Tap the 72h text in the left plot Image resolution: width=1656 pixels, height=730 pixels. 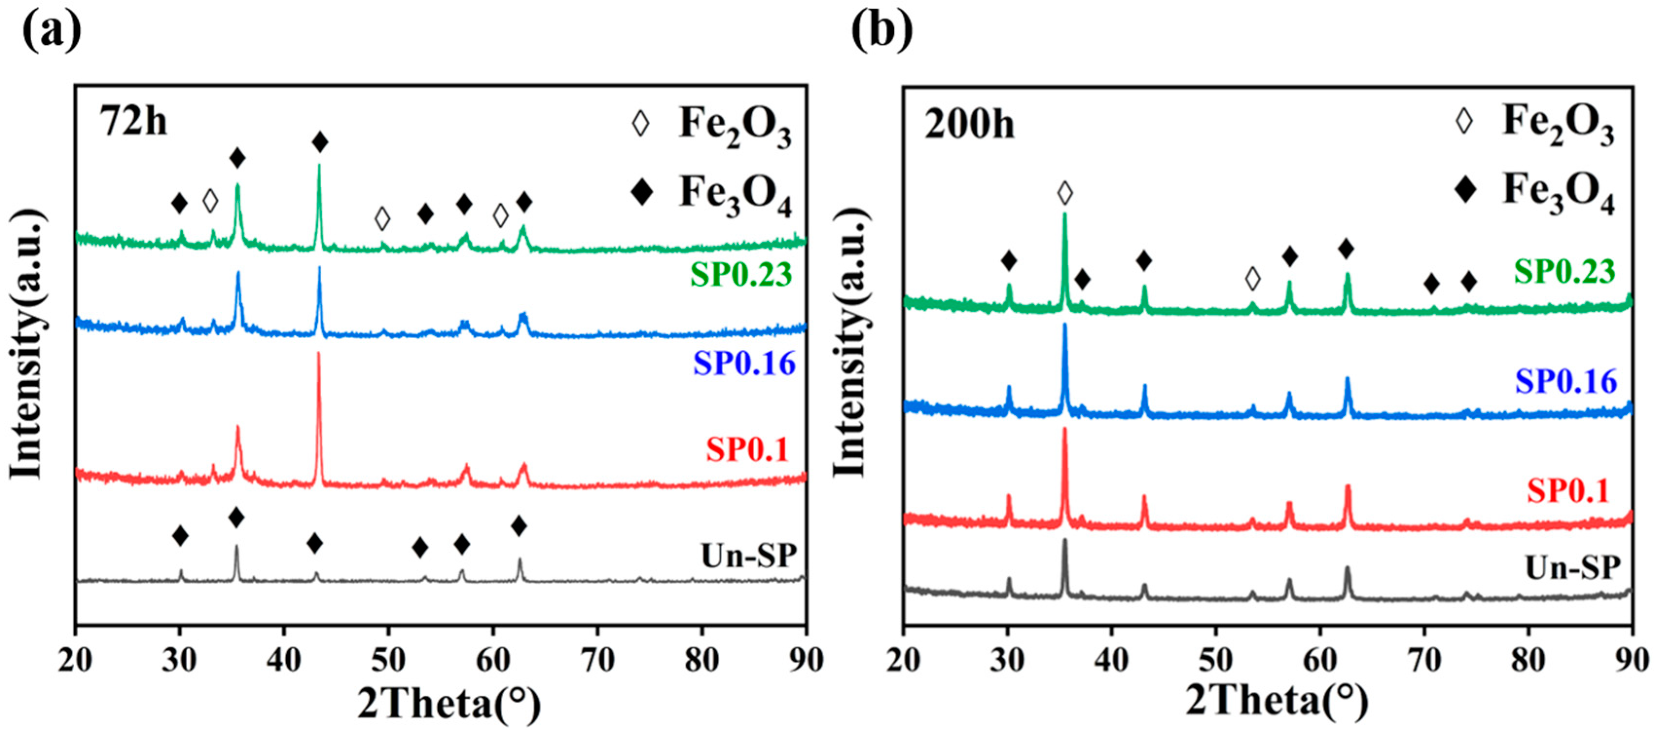pyautogui.click(x=133, y=120)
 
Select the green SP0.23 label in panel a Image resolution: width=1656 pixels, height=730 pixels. pyautogui.click(x=741, y=274)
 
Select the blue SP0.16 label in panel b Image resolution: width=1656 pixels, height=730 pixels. pyautogui.click(x=1566, y=382)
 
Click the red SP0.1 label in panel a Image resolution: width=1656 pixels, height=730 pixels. pyautogui.click(x=747, y=449)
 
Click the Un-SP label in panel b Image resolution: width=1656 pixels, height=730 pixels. pyautogui.click(x=1572, y=567)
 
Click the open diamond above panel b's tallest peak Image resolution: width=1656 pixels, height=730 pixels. pyautogui.click(x=1065, y=192)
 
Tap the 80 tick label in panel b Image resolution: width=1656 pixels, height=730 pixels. pyautogui.click(x=1528, y=660)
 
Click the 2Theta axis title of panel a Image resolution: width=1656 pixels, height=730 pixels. pyautogui.click(x=449, y=704)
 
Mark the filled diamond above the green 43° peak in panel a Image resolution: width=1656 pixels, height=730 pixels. pyautogui.click(x=320, y=142)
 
